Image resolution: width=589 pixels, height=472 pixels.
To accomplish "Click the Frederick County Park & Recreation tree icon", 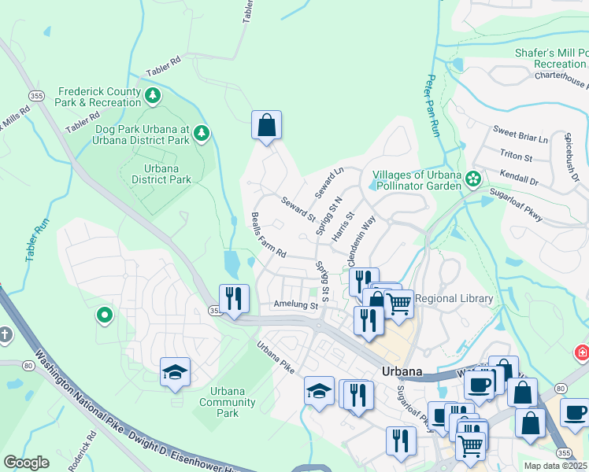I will coord(153,97).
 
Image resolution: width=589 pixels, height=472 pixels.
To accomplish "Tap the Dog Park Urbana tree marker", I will coord(202,134).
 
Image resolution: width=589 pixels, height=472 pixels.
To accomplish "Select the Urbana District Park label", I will coord(161,174).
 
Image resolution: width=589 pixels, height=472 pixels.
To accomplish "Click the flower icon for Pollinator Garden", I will coord(472,179).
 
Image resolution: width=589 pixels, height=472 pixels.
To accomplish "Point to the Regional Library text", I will coord(454,298).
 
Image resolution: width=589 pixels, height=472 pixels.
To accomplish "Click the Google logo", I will coord(26,463).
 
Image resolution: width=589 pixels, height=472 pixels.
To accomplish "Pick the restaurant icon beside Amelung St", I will coord(234,298).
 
